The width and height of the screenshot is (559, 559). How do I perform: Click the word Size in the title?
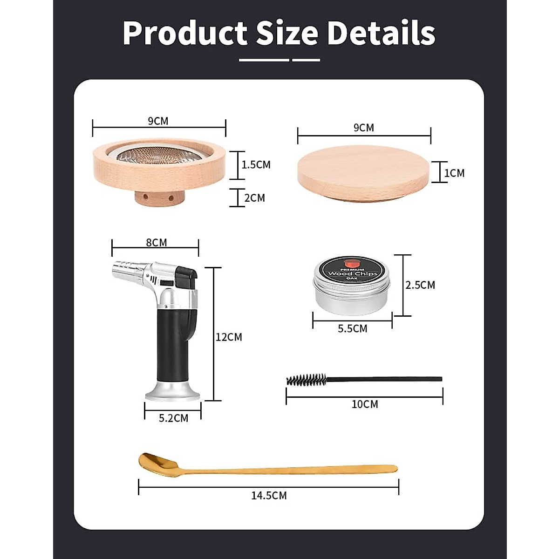click(x=287, y=33)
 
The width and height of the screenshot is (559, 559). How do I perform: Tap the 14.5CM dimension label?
click(x=269, y=496)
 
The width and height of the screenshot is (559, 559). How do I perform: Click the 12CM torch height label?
click(x=229, y=337)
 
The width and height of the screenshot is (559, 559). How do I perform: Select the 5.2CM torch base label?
click(x=173, y=418)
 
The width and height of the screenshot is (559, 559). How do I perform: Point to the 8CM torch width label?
click(x=156, y=242)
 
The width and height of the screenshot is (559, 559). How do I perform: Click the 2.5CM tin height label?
click(x=420, y=285)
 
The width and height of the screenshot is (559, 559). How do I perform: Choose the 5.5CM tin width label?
click(x=352, y=328)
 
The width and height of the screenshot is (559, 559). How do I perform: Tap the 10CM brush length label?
click(x=365, y=404)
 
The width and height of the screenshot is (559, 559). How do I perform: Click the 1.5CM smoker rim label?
click(x=256, y=164)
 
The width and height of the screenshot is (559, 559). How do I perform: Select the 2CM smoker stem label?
click(x=254, y=198)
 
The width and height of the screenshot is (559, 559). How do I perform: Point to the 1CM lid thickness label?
click(x=454, y=173)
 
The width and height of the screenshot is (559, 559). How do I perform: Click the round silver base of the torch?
click(x=173, y=393)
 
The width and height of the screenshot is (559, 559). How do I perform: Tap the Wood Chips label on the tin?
click(x=352, y=273)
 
